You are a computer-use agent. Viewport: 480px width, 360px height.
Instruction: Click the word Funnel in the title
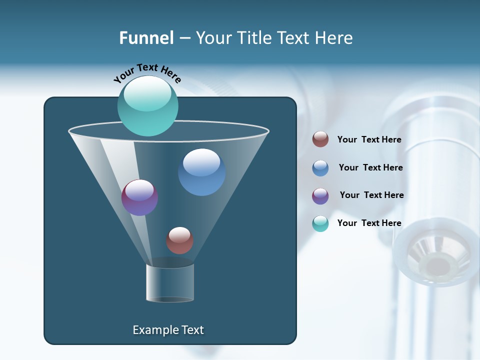tap(146, 38)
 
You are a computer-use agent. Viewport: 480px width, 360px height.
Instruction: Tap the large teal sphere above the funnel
tap(147, 106)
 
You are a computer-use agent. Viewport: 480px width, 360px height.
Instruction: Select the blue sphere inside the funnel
tap(201, 172)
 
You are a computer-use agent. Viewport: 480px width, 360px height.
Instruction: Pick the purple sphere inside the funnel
tap(139, 197)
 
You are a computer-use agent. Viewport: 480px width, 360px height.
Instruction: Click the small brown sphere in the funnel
tap(179, 240)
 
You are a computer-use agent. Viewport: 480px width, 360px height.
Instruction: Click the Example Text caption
tap(168, 330)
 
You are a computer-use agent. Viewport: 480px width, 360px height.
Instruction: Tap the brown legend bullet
tap(320, 139)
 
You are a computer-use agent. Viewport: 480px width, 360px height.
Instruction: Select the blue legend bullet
tap(320, 168)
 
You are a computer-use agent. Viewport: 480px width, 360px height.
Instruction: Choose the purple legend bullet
tap(320, 196)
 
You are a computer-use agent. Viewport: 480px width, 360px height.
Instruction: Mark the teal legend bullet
tap(320, 223)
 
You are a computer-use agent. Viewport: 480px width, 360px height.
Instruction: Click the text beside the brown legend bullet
tap(369, 139)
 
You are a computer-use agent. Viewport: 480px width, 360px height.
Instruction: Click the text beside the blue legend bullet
tap(370, 167)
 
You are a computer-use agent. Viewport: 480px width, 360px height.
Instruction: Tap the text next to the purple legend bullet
tap(371, 195)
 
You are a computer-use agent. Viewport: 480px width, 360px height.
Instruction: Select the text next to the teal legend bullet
tap(369, 223)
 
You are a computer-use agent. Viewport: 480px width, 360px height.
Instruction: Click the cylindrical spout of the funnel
tap(170, 282)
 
